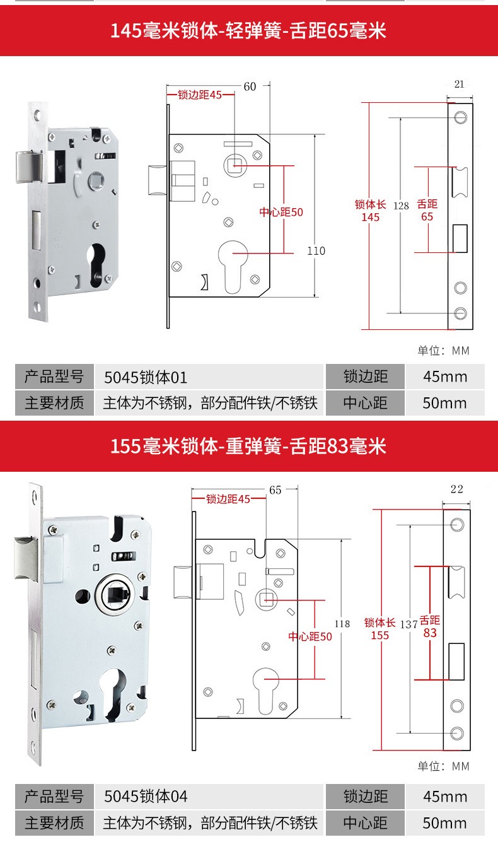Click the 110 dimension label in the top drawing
click(316, 251)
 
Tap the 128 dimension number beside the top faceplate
click(401, 206)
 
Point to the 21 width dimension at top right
click(460, 85)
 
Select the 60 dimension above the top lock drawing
click(250, 87)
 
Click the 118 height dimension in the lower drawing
click(342, 624)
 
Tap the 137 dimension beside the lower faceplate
click(408, 625)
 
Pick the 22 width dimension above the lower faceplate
click(456, 489)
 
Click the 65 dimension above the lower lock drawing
click(275, 490)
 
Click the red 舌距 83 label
click(430, 627)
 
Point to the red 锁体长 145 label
click(370, 211)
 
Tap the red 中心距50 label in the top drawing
click(281, 213)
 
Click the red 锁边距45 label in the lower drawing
click(228, 499)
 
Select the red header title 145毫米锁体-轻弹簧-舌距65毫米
click(248, 30)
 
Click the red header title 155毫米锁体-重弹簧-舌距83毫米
click(248, 446)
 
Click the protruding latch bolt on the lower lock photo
click(26, 559)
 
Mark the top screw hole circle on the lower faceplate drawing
click(457, 524)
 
